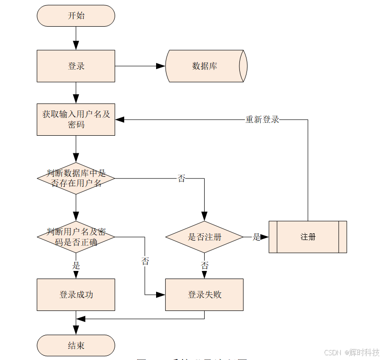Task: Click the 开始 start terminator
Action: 76,16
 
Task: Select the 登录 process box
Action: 76,66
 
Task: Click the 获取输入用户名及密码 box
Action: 76,120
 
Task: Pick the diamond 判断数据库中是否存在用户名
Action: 76,179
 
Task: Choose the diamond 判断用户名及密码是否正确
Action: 76,237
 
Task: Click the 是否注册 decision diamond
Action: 205,237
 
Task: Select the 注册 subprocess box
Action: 308,237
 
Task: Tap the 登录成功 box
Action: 76,295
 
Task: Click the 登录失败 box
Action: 205,295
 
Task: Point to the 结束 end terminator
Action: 76,345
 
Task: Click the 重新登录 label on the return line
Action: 262,120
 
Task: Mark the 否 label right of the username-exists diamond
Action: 181,179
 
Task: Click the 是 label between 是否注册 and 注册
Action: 257,237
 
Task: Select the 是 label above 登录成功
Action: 76,265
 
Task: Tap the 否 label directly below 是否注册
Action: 205,265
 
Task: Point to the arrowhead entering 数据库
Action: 161,66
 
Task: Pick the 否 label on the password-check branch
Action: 145,261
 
